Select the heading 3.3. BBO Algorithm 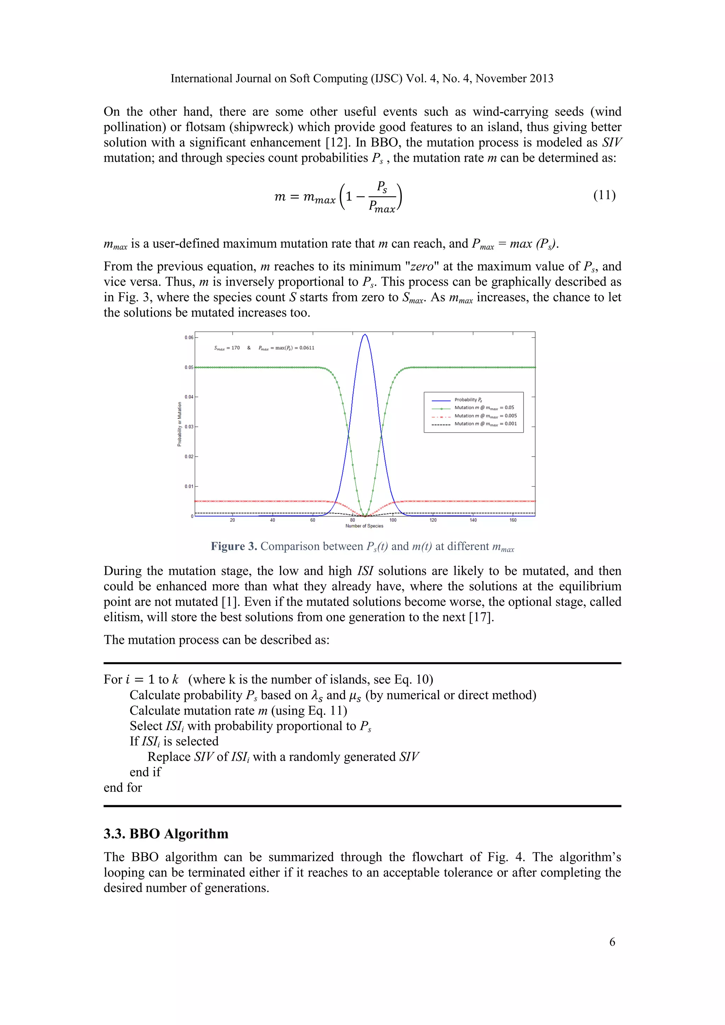pos(166,834)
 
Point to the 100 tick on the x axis pos(393,520)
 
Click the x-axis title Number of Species pos(364,526)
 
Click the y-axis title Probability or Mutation pos(179,424)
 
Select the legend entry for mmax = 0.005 pos(485,416)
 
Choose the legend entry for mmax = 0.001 pos(485,424)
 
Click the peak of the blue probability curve pos(365,334)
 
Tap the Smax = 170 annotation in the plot pos(227,348)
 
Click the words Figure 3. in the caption pos(234,546)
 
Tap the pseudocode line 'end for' pos(123,788)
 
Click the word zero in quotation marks pos(422,267)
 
